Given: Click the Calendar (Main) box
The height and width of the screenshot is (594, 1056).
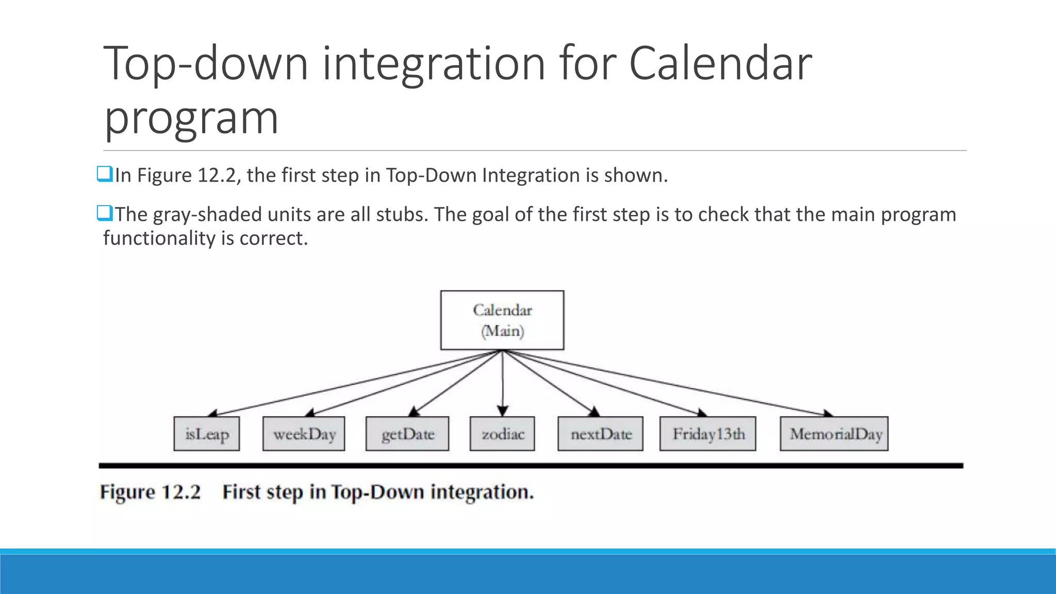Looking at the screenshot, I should (502, 320).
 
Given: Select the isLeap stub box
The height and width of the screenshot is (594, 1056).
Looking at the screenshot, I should (207, 434).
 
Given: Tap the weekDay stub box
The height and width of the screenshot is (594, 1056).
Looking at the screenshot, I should (304, 434).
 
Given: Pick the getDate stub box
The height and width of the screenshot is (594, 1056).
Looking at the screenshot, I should (407, 434).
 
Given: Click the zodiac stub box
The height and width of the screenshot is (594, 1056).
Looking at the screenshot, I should (502, 434).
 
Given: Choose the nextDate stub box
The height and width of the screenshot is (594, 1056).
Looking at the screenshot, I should (601, 434).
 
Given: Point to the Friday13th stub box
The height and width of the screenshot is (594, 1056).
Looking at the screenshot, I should (708, 434).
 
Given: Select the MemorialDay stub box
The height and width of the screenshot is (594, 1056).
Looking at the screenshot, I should (834, 434).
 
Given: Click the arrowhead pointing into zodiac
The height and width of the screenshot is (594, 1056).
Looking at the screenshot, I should (503, 411).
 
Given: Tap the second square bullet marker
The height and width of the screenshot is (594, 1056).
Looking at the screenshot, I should (105, 213).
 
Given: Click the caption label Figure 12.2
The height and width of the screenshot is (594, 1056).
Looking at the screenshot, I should (150, 492).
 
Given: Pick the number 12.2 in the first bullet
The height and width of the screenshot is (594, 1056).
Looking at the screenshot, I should (217, 175).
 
